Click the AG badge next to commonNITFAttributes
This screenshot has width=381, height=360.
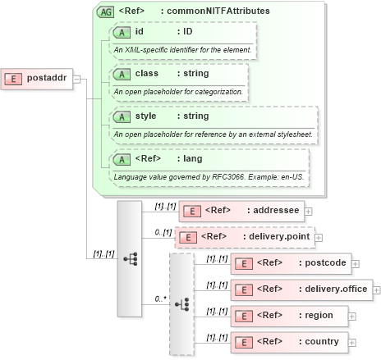(x=105, y=11)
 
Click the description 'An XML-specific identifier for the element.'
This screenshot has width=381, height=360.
(x=182, y=49)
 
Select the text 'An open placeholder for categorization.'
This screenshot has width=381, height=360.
(x=178, y=91)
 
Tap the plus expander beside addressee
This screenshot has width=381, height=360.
(x=308, y=211)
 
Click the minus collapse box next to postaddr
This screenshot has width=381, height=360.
(x=76, y=79)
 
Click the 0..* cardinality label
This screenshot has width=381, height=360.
(x=161, y=298)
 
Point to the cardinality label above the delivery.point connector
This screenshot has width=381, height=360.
(x=163, y=232)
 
